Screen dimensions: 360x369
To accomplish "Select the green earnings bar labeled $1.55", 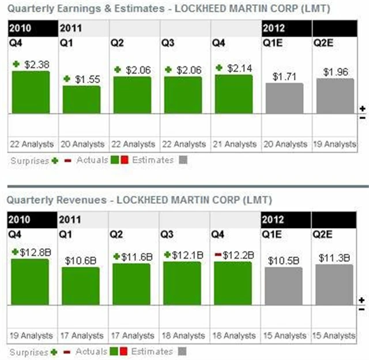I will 81,99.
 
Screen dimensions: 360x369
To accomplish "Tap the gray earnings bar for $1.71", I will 284,98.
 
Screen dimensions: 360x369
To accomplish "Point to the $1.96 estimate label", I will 335,72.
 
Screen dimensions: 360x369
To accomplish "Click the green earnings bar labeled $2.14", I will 234,94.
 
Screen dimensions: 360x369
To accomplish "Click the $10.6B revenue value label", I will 81,260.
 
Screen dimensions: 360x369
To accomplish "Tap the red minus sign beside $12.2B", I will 217,254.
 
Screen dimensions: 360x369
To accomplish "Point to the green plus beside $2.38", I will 16,64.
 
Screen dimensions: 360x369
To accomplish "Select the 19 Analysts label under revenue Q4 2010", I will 31,335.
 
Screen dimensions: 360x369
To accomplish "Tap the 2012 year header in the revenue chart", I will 273,219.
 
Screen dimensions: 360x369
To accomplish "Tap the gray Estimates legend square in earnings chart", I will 183,161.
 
